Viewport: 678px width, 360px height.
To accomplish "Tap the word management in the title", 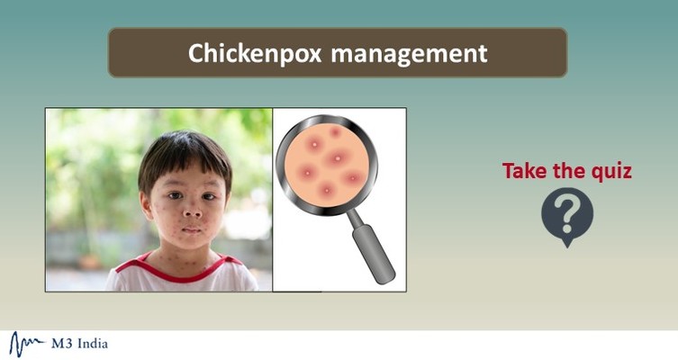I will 409,53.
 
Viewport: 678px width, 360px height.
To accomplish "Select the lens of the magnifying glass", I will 326,162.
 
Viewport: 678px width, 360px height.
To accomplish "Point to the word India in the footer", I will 93,343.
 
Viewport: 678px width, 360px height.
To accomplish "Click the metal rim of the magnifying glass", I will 281,162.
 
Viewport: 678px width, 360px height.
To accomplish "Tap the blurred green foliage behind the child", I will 81,153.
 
